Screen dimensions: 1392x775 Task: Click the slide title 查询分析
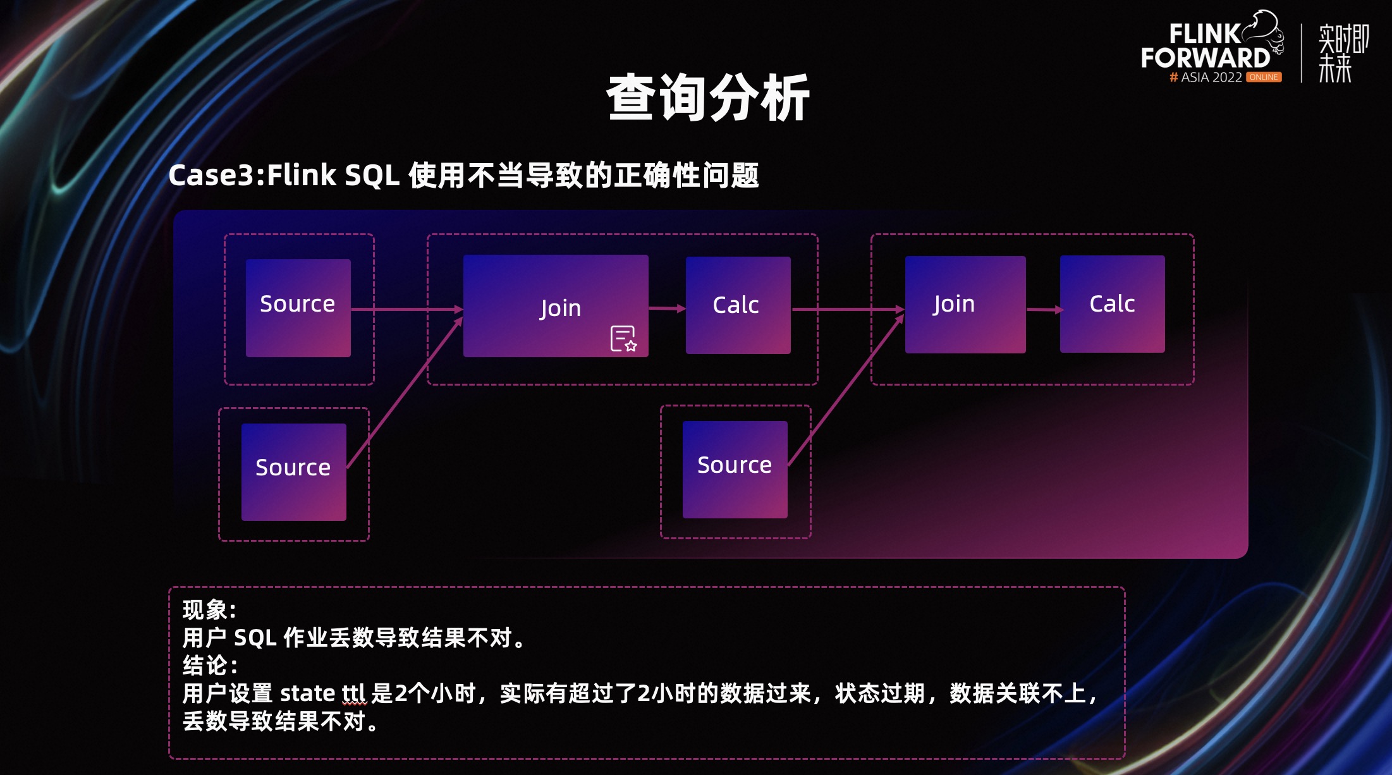tap(708, 98)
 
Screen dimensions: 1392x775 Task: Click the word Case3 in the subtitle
tap(211, 175)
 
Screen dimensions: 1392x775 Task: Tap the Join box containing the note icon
tap(556, 306)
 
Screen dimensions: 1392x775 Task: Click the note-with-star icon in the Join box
tap(623, 338)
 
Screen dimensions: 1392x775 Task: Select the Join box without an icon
tap(965, 305)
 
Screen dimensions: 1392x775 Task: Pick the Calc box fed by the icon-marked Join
tap(738, 305)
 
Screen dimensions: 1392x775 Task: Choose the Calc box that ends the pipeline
tap(1112, 304)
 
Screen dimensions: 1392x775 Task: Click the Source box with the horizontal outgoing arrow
tap(298, 308)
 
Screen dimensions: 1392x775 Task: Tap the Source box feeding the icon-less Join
tap(735, 470)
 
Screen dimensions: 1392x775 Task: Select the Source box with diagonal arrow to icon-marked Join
tap(293, 472)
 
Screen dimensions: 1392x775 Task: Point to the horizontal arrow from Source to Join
tap(407, 309)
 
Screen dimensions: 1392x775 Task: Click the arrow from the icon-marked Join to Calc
tap(667, 308)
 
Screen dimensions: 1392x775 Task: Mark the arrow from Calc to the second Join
tap(848, 310)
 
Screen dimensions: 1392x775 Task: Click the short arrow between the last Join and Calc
tap(1044, 310)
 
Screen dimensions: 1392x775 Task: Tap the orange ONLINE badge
tap(1264, 77)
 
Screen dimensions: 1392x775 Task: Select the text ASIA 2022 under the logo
tap(1212, 77)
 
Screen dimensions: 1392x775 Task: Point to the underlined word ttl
tap(354, 693)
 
